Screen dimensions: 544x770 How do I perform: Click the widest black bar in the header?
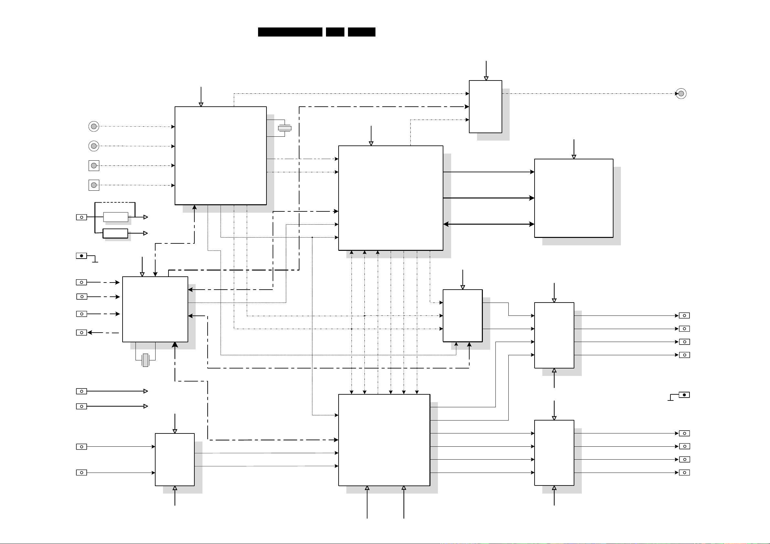(290, 32)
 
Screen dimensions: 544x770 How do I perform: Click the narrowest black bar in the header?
(335, 32)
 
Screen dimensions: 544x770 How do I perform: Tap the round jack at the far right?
(681, 93)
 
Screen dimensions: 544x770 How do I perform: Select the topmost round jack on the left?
(94, 126)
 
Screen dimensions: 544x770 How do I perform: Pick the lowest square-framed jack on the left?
(94, 185)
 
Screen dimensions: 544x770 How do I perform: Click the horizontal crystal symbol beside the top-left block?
(285, 128)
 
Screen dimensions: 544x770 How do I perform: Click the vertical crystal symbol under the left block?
(145, 360)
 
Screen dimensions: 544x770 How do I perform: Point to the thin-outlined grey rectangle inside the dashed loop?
(116, 217)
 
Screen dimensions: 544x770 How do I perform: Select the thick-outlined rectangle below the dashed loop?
(115, 233)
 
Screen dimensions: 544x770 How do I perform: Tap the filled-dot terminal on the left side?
(81, 256)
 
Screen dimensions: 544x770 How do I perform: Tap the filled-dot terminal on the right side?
(684, 395)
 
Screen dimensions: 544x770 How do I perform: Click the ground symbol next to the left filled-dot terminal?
(95, 261)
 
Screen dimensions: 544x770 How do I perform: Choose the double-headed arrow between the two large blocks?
(489, 224)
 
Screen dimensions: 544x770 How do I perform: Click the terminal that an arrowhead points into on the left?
(81, 333)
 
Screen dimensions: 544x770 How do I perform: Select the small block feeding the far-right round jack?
(485, 107)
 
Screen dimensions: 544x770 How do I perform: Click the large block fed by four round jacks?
(221, 155)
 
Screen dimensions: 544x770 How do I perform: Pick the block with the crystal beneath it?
(155, 309)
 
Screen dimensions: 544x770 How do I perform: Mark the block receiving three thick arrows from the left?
(573, 198)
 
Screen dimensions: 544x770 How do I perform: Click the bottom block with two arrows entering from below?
(384, 440)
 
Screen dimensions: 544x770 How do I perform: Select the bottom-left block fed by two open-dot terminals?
(175, 460)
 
